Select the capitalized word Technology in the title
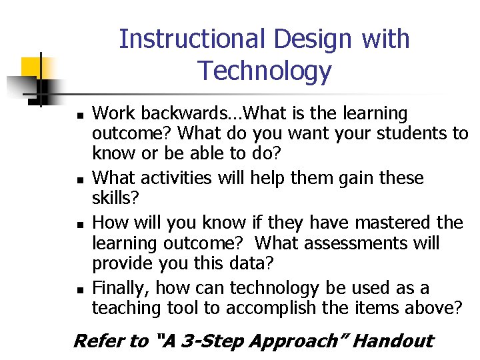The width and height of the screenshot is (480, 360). click(x=264, y=71)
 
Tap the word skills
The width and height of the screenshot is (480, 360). click(x=110, y=198)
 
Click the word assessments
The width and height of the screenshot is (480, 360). click(x=354, y=243)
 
